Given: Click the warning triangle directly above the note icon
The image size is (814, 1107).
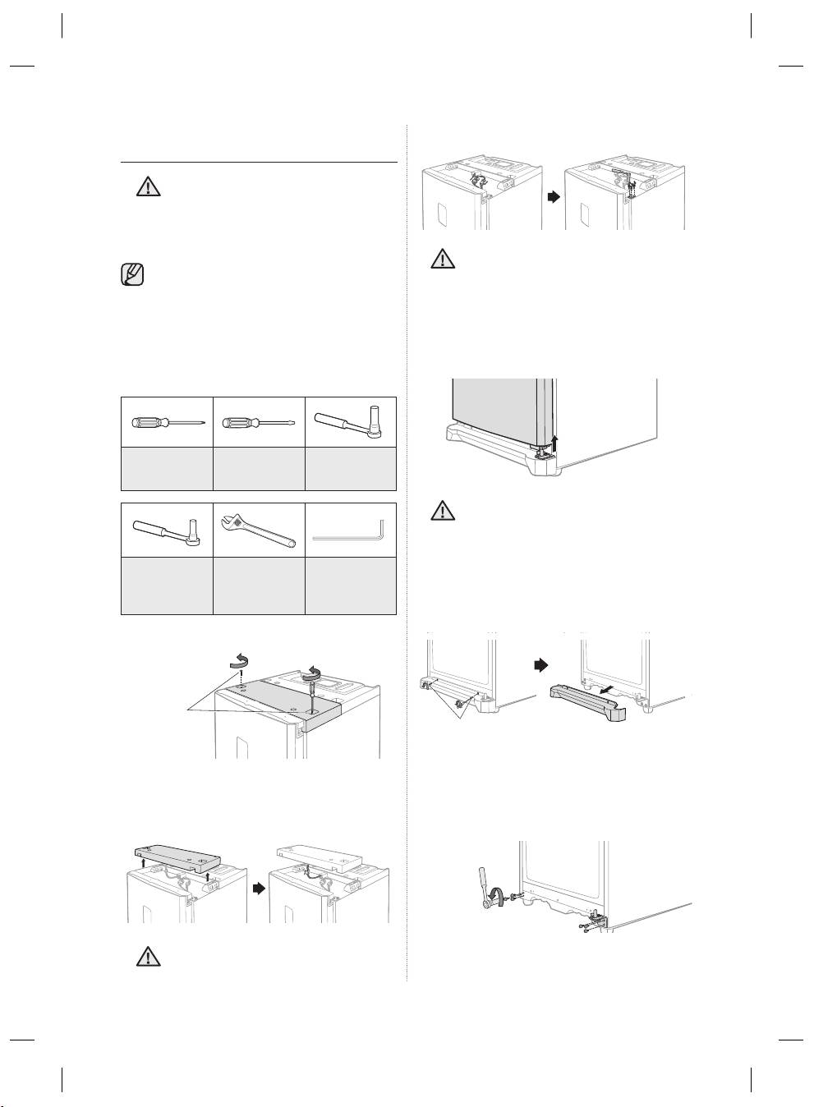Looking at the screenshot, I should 148,187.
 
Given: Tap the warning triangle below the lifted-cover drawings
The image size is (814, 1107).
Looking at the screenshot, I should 148,956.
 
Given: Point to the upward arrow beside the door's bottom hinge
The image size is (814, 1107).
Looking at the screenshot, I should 555,443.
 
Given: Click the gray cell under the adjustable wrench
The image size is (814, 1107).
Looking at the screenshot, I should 259,586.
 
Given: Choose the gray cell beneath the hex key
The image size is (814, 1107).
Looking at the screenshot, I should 351,586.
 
